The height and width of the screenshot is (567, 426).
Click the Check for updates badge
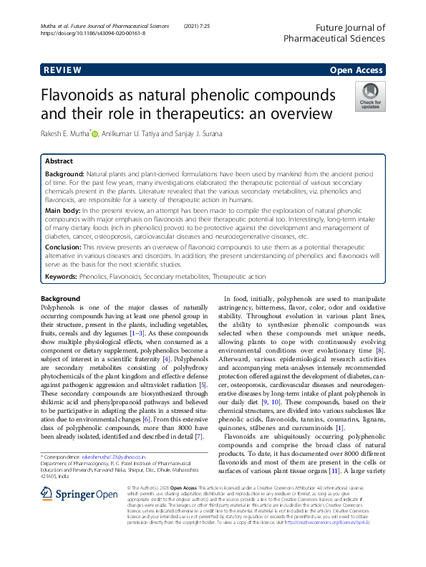pyautogui.click(x=370, y=96)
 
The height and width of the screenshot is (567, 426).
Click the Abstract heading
pyautogui.click(x=59, y=161)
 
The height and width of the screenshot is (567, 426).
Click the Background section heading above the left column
pyautogui.click(x=60, y=298)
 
